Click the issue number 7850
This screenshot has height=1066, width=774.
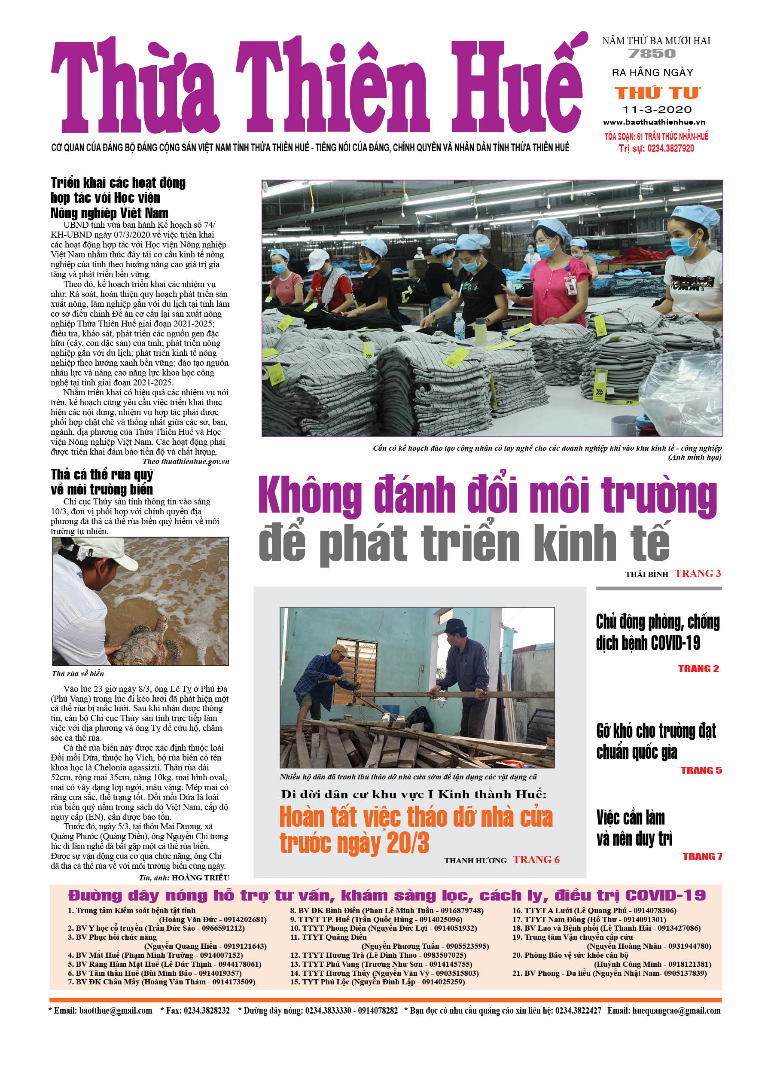point(652,54)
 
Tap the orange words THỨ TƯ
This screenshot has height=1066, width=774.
point(658,93)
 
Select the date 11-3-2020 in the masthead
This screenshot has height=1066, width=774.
point(657,110)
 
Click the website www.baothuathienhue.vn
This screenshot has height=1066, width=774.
point(654,122)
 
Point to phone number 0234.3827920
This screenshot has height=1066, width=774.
point(670,149)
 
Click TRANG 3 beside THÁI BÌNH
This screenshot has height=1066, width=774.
point(698,574)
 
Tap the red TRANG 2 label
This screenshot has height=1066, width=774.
point(698,669)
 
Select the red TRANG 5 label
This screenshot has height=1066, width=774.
point(701,770)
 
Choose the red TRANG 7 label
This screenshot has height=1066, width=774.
point(702,856)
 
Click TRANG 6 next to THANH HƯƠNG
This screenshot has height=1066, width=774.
point(536,860)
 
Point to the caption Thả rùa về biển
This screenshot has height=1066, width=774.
point(78,674)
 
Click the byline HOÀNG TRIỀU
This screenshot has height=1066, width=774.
point(200,877)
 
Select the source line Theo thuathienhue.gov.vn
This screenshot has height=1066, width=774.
point(186,461)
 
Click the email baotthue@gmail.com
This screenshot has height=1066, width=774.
point(116,1011)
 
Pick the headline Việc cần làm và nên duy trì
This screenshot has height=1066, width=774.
point(634,827)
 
